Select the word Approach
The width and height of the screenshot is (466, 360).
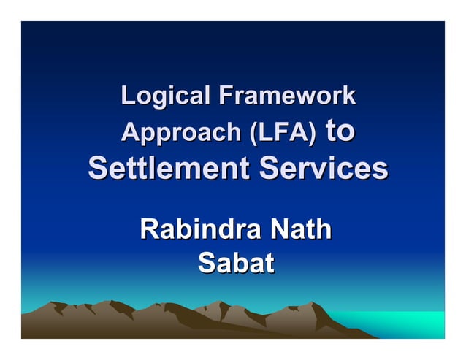click(x=180, y=133)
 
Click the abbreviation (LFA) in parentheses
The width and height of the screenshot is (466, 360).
click(x=282, y=133)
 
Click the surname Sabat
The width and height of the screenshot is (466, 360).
click(x=235, y=263)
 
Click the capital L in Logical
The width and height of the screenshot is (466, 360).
click(x=127, y=96)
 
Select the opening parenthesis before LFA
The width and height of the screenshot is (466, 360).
click(x=252, y=134)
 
